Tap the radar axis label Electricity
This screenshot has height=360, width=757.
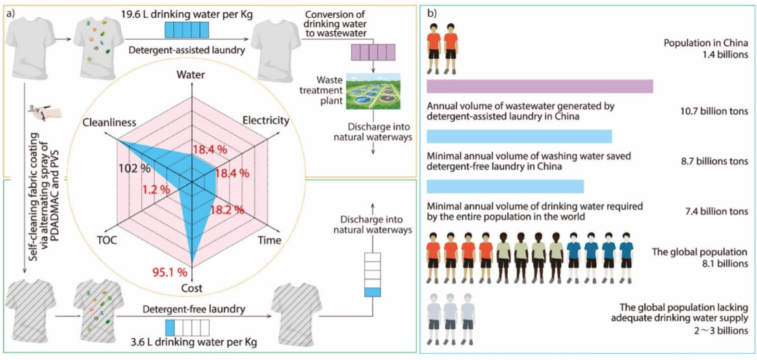pos(266,121)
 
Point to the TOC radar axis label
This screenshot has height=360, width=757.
pos(110,240)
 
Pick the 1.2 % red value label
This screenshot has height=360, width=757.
pos(156,190)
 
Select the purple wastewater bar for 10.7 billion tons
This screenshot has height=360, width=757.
pos(539,86)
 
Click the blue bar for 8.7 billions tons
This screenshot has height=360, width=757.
pos(519,136)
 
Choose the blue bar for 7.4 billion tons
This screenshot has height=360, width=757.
pos(505,186)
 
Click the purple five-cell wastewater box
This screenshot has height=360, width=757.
pos(373,52)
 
